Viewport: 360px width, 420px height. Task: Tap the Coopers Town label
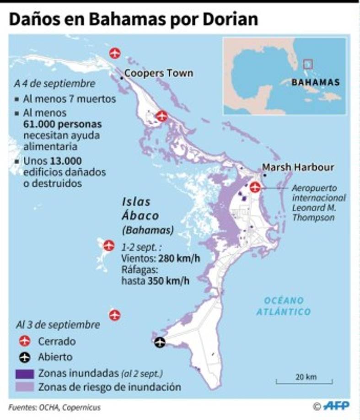pyautogui.click(x=158, y=73)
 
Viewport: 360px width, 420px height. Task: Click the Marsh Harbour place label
pyautogui.click(x=298, y=167)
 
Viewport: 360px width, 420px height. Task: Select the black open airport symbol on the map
pyautogui.click(x=160, y=342)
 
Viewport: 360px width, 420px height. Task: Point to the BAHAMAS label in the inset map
pyautogui.click(x=316, y=83)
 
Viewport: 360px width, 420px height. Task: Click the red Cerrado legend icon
pyautogui.click(x=25, y=341)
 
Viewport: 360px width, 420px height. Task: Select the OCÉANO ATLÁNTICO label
pyautogui.click(x=284, y=306)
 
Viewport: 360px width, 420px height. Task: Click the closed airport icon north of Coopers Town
pyautogui.click(x=115, y=54)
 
